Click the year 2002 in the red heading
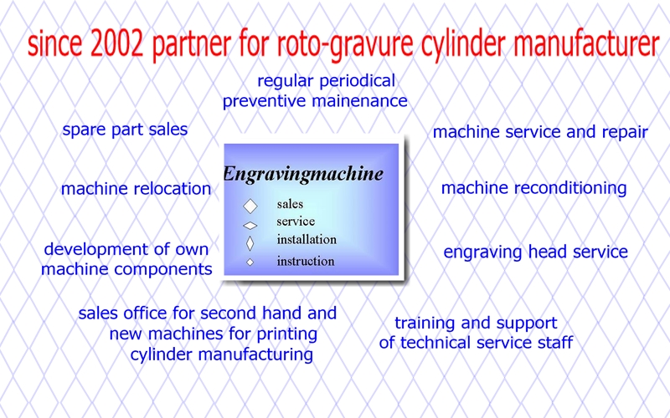[x=117, y=44]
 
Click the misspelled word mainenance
[x=360, y=101]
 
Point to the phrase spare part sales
[x=125, y=130]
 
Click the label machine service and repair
[x=540, y=132]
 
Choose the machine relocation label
[x=136, y=189]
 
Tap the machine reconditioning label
[x=533, y=188]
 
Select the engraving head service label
[x=535, y=252]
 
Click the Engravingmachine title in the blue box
[x=303, y=175]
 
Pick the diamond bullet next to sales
[x=250, y=206]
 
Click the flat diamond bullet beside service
[x=250, y=225]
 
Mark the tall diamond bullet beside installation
[x=250, y=243]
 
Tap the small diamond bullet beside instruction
[x=250, y=263]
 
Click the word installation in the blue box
[x=307, y=239]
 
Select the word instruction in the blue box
[x=306, y=261]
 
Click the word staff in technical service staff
[x=555, y=343]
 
